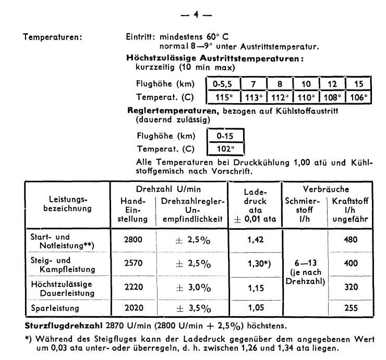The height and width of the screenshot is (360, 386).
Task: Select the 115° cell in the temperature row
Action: click(221, 97)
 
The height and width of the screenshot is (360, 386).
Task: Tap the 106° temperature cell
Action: click(358, 97)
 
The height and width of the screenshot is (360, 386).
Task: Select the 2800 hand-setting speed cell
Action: click(133, 240)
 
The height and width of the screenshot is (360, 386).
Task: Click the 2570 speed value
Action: click(133, 264)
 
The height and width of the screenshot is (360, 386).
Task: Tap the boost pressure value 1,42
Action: click(255, 240)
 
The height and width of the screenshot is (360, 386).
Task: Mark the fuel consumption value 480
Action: click(349, 240)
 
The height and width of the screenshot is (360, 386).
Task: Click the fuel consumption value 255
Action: click(349, 308)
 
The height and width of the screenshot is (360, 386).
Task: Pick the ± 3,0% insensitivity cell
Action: click(192, 288)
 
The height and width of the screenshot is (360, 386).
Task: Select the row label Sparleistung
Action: click(55, 308)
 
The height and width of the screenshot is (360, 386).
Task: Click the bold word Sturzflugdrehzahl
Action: click(57, 326)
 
